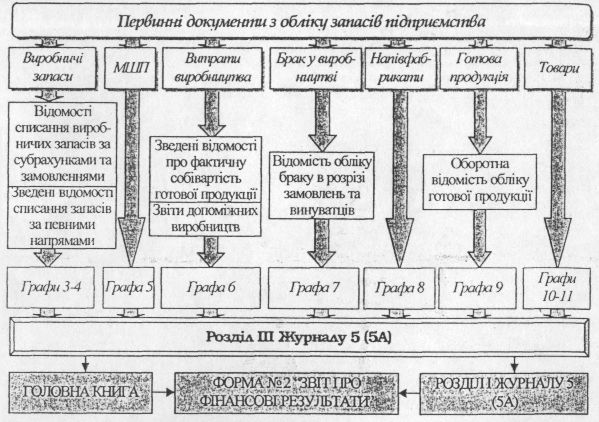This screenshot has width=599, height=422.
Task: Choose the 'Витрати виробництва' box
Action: pos(212,68)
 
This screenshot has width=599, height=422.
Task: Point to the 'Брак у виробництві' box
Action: pos(316,68)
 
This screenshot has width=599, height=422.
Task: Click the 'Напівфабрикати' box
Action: pos(400,68)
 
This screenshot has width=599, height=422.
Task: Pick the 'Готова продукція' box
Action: pos(479,68)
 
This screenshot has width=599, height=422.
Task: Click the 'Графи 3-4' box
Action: pos(51,288)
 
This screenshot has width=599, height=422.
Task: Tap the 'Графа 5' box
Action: pos(129,288)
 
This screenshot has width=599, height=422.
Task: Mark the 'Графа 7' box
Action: pos(313,288)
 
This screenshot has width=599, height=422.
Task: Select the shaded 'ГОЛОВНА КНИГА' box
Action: pos(81,393)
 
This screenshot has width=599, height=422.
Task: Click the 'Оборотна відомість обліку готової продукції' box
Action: pos(480,182)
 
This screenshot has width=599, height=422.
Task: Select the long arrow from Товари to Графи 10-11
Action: pos(558,179)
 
